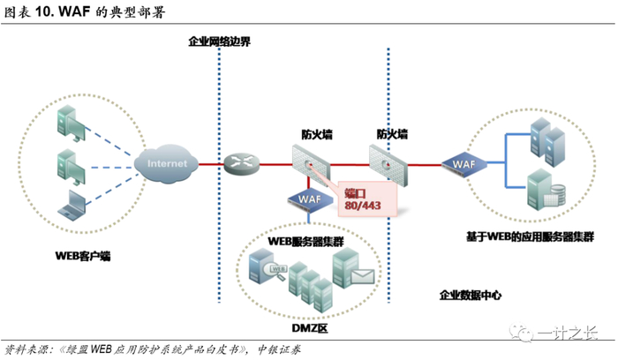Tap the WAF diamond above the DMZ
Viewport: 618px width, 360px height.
coord(309,199)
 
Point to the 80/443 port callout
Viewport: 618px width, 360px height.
coord(365,199)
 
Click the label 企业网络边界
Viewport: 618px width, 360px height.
coord(220,41)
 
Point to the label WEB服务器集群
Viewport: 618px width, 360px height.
coord(306,240)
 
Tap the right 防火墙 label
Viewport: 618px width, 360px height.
coord(392,134)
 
